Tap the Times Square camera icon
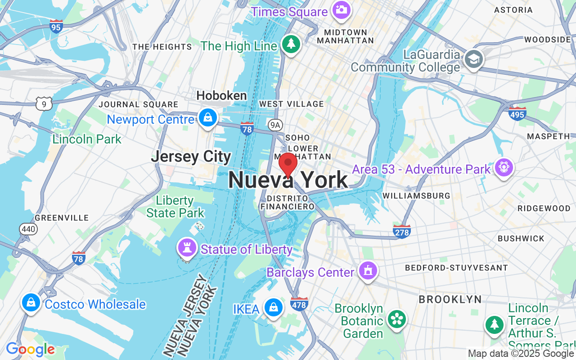coord(341,10)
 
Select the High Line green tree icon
coord(291,44)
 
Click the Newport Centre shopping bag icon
coord(207,118)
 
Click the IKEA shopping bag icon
coord(273,308)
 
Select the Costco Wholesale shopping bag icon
coord(31,303)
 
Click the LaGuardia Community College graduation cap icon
coord(473,59)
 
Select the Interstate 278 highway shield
coord(401,231)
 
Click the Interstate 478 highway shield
coord(299,304)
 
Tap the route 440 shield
coord(28,229)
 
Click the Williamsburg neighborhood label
coord(416,196)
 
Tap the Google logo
coord(30,349)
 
